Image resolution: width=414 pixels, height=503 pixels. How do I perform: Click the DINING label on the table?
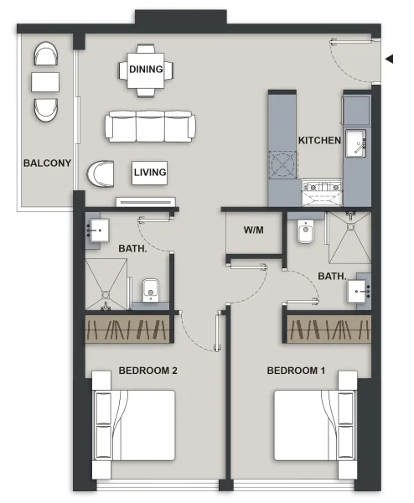(x=146, y=69)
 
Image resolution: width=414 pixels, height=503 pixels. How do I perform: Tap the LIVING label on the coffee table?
(x=150, y=173)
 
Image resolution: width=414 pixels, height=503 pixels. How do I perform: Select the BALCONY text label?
(x=47, y=163)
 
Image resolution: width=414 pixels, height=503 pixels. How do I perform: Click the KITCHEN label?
(x=320, y=141)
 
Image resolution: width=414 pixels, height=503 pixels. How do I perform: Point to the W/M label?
(x=254, y=231)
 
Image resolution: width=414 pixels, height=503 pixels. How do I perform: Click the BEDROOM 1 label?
(x=296, y=370)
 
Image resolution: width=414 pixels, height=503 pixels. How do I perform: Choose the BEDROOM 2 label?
(x=147, y=370)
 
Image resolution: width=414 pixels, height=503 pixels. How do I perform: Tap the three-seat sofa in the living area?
(x=150, y=127)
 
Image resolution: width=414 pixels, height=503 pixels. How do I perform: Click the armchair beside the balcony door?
(x=104, y=174)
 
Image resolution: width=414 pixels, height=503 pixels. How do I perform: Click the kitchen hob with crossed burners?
(x=283, y=164)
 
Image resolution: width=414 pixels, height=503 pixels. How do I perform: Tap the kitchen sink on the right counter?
(x=358, y=144)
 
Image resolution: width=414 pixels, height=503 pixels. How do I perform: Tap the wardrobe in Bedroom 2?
(x=127, y=329)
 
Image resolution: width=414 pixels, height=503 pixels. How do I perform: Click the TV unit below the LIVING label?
(x=147, y=201)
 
